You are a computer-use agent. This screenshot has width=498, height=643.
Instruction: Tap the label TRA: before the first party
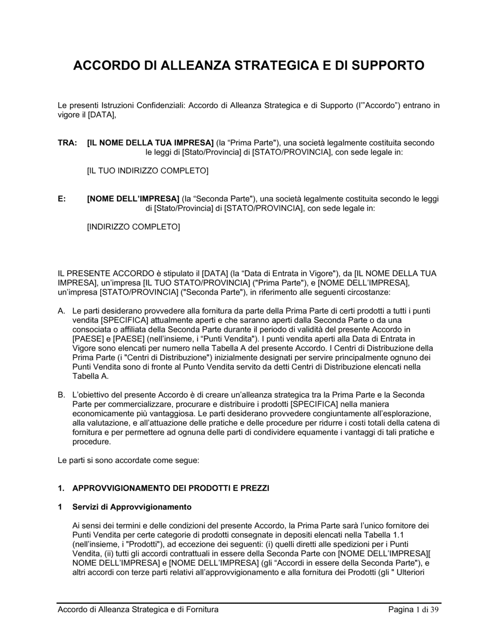click(x=67, y=143)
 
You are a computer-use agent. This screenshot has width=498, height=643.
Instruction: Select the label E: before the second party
click(x=62, y=199)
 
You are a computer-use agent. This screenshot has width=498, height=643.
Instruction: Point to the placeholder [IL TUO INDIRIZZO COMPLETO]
click(x=147, y=171)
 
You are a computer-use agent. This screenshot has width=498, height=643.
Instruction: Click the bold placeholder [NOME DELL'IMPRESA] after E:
click(x=133, y=199)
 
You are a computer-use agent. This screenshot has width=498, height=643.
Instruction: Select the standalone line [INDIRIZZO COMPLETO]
click(x=133, y=227)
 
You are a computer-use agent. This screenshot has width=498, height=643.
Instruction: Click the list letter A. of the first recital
click(x=62, y=311)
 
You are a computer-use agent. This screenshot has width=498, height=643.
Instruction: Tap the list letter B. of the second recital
click(x=62, y=395)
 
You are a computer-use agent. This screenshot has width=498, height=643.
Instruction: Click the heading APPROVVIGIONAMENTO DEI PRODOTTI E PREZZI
click(x=171, y=488)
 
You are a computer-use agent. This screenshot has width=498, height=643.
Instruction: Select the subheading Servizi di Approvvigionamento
click(x=132, y=507)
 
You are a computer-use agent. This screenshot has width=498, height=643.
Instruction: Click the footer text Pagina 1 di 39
click(x=414, y=610)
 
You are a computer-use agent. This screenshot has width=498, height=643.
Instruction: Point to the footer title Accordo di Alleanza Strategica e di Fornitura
click(x=138, y=610)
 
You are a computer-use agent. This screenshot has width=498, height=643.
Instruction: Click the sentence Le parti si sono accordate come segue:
click(x=128, y=461)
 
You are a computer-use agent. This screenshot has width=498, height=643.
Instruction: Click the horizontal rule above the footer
click(x=249, y=603)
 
